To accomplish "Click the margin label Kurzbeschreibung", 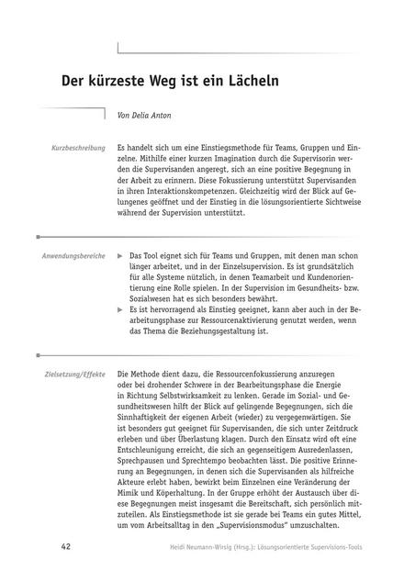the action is [x=78, y=147].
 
